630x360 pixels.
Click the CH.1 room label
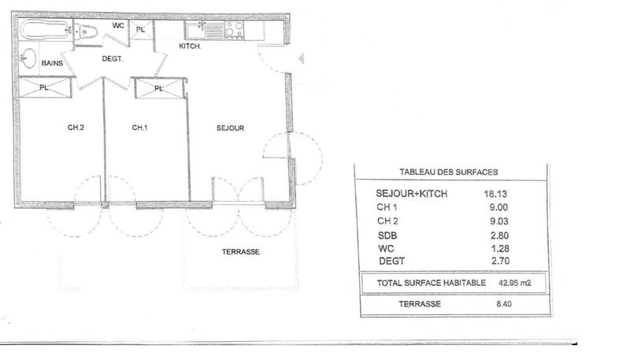tap(139, 128)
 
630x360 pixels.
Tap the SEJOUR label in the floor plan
tap(231, 128)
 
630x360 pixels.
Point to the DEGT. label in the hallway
tap(112, 58)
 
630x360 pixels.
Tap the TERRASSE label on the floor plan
tap(241, 252)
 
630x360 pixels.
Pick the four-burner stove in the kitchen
tap(234, 30)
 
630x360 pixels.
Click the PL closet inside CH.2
tap(44, 88)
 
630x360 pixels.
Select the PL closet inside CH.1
tap(159, 88)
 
